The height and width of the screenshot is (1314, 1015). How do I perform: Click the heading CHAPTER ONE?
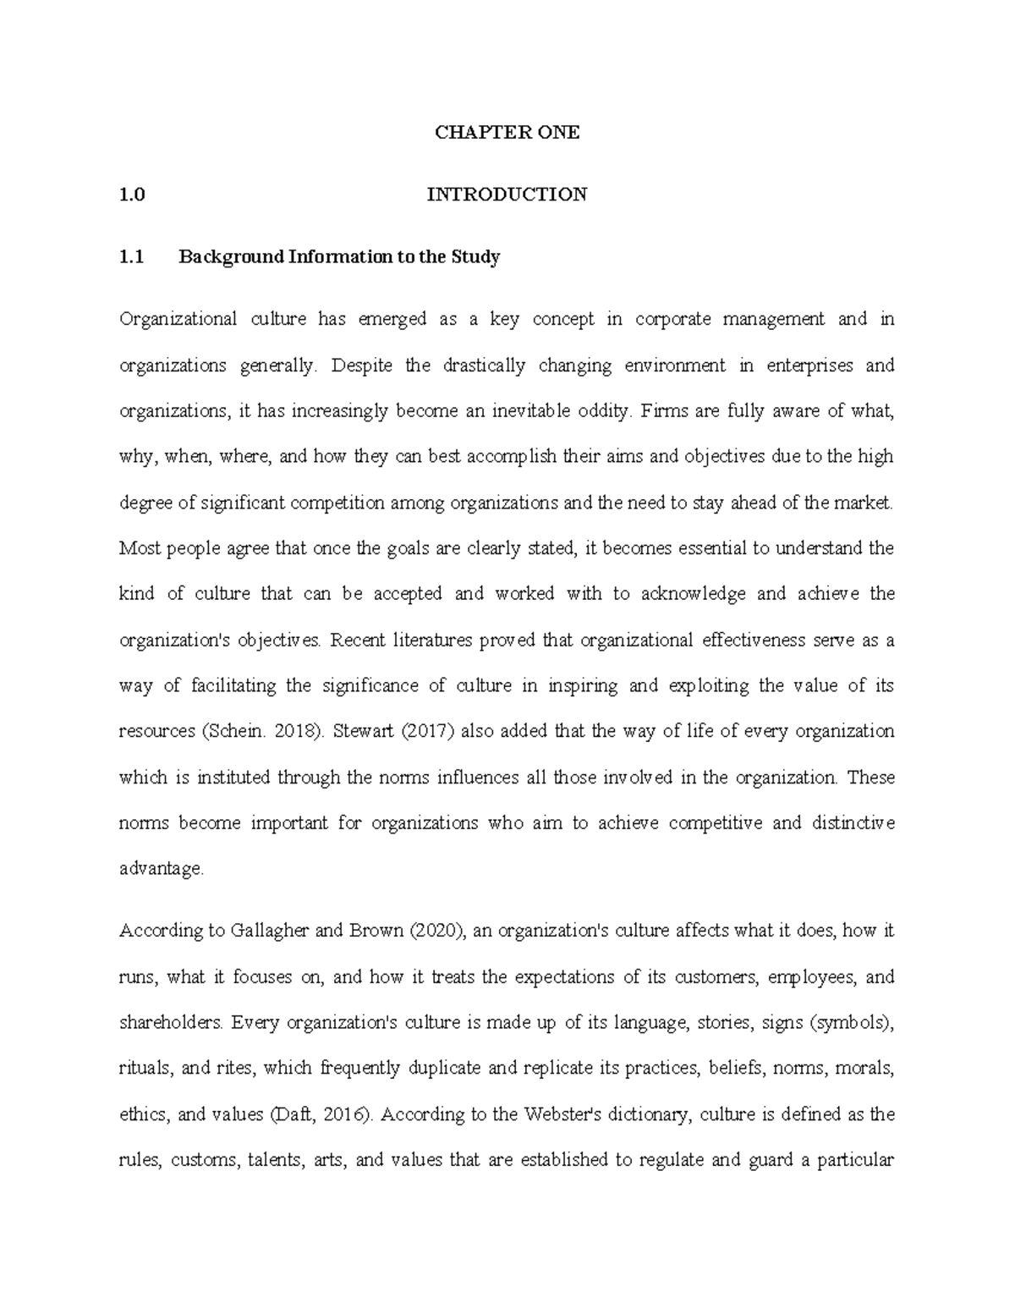[507, 133]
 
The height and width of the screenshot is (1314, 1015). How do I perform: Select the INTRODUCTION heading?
[507, 195]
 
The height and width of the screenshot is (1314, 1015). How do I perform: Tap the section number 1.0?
[132, 195]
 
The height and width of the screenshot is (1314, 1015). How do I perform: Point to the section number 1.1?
[132, 256]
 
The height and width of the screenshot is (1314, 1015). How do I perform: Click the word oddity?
[602, 411]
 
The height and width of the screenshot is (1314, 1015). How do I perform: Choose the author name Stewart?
[364, 732]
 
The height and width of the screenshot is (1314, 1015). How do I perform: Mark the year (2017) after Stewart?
[427, 732]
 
